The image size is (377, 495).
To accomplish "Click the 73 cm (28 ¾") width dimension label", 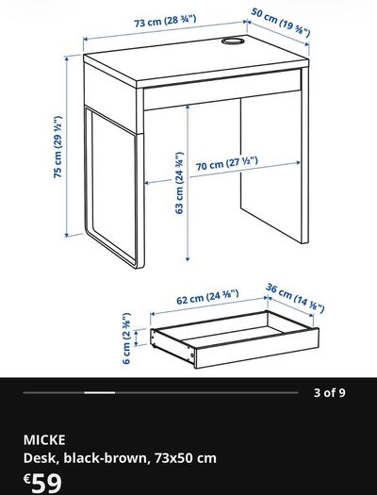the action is [165, 21].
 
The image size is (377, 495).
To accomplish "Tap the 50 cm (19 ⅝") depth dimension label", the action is [281, 22].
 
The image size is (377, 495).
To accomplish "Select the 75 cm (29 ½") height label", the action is [57, 147].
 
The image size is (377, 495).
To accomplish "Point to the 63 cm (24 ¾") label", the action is [179, 183].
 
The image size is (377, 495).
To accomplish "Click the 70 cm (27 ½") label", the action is [227, 163].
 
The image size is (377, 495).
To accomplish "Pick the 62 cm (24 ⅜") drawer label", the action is [207, 297].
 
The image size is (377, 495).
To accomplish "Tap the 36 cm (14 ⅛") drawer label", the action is [295, 298].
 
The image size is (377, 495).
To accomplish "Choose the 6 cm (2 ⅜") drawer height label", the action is [126, 338].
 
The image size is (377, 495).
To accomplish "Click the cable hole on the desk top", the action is [233, 41].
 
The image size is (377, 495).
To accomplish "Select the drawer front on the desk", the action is [222, 90].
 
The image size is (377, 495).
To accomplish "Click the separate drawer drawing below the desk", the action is [235, 339].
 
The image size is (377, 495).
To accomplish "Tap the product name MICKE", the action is [44, 439].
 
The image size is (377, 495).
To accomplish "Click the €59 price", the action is [42, 483].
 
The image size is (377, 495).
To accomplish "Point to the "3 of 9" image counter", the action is [329, 393].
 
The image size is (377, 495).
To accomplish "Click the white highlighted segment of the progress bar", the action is [100, 393].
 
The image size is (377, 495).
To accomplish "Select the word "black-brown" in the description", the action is [106, 458].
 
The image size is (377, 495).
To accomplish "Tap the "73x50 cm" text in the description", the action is [186, 458].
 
